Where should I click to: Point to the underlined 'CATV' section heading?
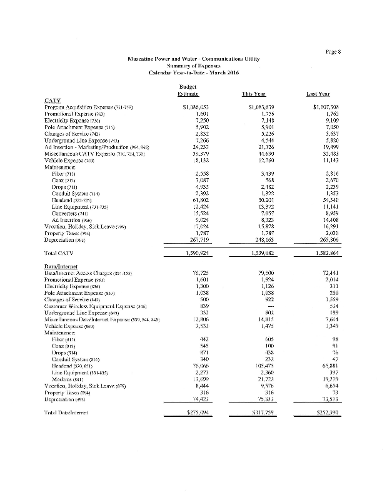click(52, 101)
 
